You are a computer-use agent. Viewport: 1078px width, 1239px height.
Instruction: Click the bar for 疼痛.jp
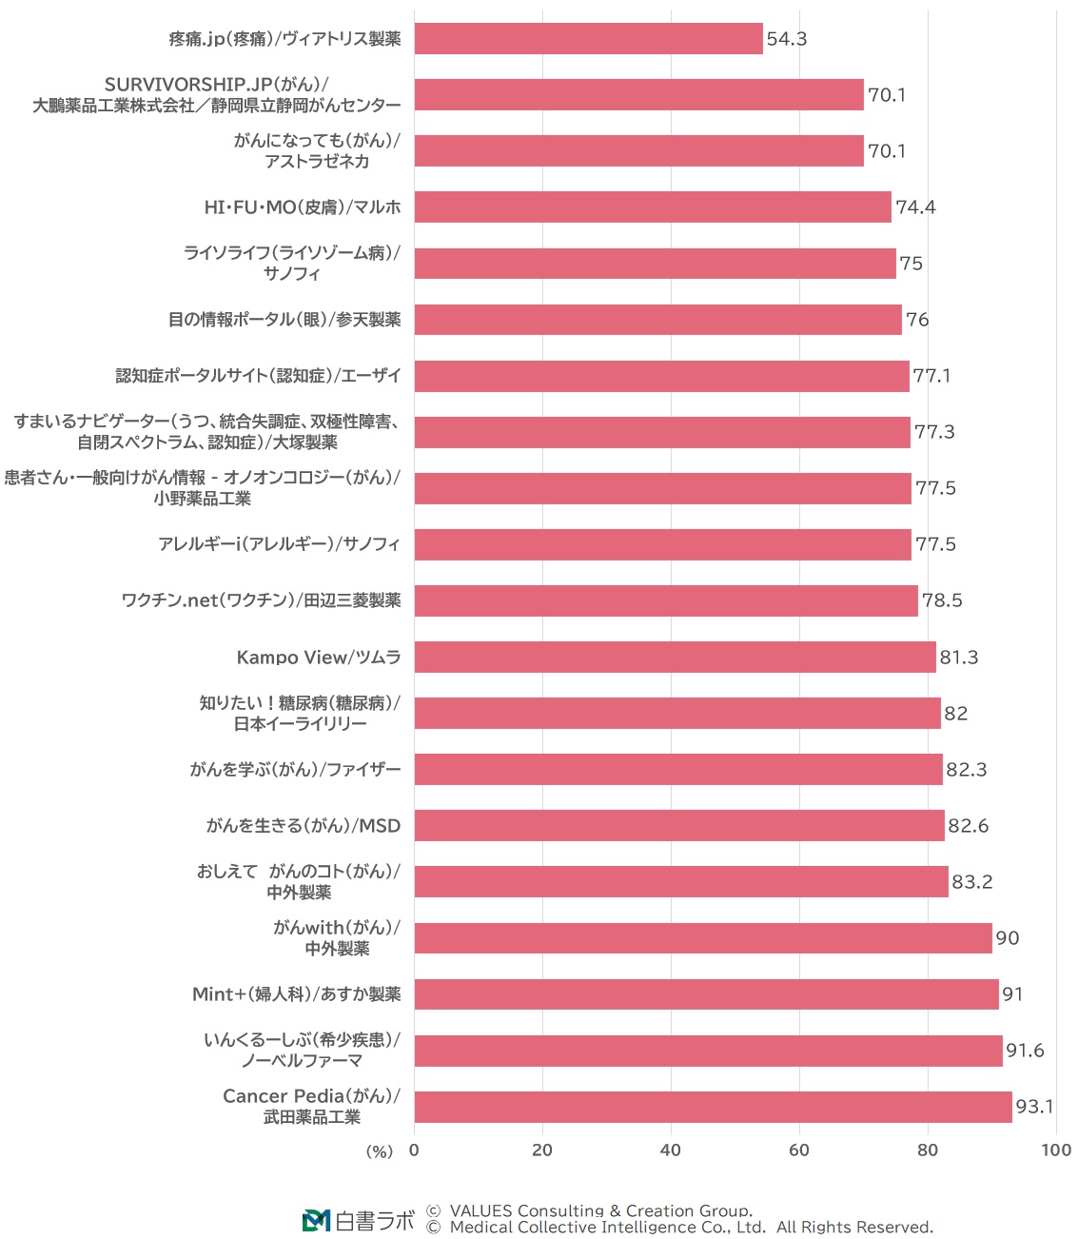coord(588,39)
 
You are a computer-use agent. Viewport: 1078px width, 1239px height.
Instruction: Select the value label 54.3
coord(787,39)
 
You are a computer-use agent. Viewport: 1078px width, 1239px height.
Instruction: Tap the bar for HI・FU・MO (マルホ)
coord(653,207)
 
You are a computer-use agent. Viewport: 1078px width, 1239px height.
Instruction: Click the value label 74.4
coord(915,207)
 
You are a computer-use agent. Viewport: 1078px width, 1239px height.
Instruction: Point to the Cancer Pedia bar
coord(713,1107)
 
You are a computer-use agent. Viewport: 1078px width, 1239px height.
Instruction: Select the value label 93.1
coord(1034,1107)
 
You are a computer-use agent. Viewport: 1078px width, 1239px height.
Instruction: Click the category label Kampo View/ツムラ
coord(319,658)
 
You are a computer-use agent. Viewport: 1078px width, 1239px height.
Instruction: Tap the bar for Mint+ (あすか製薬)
coord(706,994)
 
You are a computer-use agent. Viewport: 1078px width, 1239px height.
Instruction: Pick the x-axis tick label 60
coord(799,1150)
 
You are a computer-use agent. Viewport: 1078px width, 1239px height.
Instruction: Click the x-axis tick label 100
coord(1056,1150)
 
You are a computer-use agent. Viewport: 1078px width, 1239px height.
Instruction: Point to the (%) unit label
coord(380,1151)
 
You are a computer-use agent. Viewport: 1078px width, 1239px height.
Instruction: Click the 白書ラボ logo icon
coord(316,1220)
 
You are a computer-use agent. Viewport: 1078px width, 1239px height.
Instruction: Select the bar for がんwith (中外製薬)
coord(703,938)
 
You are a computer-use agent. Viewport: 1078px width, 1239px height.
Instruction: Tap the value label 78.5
coord(942,600)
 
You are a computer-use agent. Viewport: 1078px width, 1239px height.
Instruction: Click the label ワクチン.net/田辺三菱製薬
coord(262,600)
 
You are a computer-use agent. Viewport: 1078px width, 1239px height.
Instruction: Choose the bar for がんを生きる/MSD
coord(679,826)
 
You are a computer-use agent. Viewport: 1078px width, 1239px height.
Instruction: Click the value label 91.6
coord(1025,1051)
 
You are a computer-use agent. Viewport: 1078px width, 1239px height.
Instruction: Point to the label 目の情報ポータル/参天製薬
coord(284,320)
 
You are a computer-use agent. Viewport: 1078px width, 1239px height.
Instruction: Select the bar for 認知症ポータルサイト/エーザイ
coord(661,376)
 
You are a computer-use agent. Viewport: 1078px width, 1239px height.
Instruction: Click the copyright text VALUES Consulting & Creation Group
coord(599,1210)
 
